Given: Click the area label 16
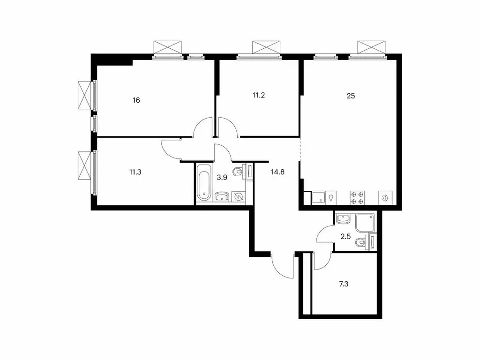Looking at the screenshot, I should coord(136,100).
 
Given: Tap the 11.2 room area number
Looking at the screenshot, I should coord(259,95).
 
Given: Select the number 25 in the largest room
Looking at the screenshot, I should coord(351,96).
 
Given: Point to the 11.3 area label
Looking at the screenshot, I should coord(135,172).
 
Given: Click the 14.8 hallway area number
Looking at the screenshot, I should coord(278,172).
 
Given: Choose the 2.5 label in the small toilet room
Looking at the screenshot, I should coord(345,236).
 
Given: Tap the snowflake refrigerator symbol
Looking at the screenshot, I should coord(386,198).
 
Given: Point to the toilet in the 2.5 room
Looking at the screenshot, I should coord(361,242).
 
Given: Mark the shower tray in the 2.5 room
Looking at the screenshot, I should coord(365,223).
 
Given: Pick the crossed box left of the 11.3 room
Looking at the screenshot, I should coord(84,164).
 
